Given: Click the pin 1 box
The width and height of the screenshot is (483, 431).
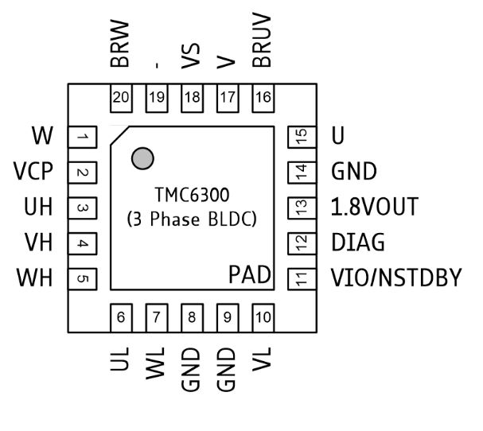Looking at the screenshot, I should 82,137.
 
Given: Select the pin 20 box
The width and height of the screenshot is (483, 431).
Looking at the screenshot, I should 121,98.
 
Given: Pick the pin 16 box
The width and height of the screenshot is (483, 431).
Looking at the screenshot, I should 263,98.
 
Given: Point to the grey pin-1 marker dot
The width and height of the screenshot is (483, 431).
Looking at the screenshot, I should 143,158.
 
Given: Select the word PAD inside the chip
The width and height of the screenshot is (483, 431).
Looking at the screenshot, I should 249,276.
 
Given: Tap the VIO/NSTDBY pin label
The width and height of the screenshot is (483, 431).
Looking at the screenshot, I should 395,278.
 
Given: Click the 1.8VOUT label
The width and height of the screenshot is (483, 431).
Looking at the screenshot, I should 374,207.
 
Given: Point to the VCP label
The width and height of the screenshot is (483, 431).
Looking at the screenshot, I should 33,172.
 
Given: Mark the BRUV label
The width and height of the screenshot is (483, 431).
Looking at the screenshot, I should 263,46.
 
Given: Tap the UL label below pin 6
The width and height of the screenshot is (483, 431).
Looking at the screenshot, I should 121,362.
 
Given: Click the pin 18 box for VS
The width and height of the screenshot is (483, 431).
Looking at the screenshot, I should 192,98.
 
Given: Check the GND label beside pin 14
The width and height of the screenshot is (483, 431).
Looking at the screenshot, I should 354,172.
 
